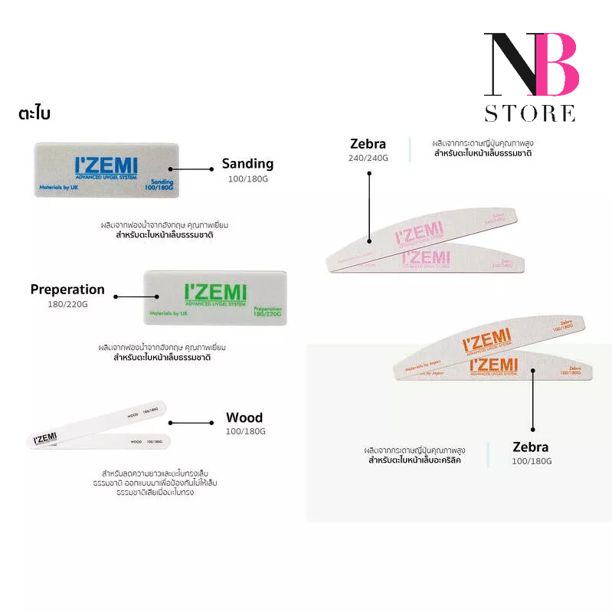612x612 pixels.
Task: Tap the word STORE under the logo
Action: [529, 113]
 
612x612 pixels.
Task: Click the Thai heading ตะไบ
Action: [34, 113]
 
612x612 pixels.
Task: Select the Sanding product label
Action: [247, 163]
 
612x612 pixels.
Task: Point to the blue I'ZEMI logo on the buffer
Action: [106, 166]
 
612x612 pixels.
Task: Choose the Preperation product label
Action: [67, 290]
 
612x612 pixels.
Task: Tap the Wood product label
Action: [244, 417]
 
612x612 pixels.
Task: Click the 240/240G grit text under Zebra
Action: [369, 158]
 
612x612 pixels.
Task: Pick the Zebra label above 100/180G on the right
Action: [531, 447]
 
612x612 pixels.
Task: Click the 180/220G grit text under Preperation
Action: [67, 304]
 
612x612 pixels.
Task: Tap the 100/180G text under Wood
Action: [244, 432]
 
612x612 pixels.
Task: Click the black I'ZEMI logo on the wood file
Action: [47, 438]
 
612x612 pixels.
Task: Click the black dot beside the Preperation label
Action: [115, 296]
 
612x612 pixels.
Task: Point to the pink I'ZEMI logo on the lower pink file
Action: [426, 258]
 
